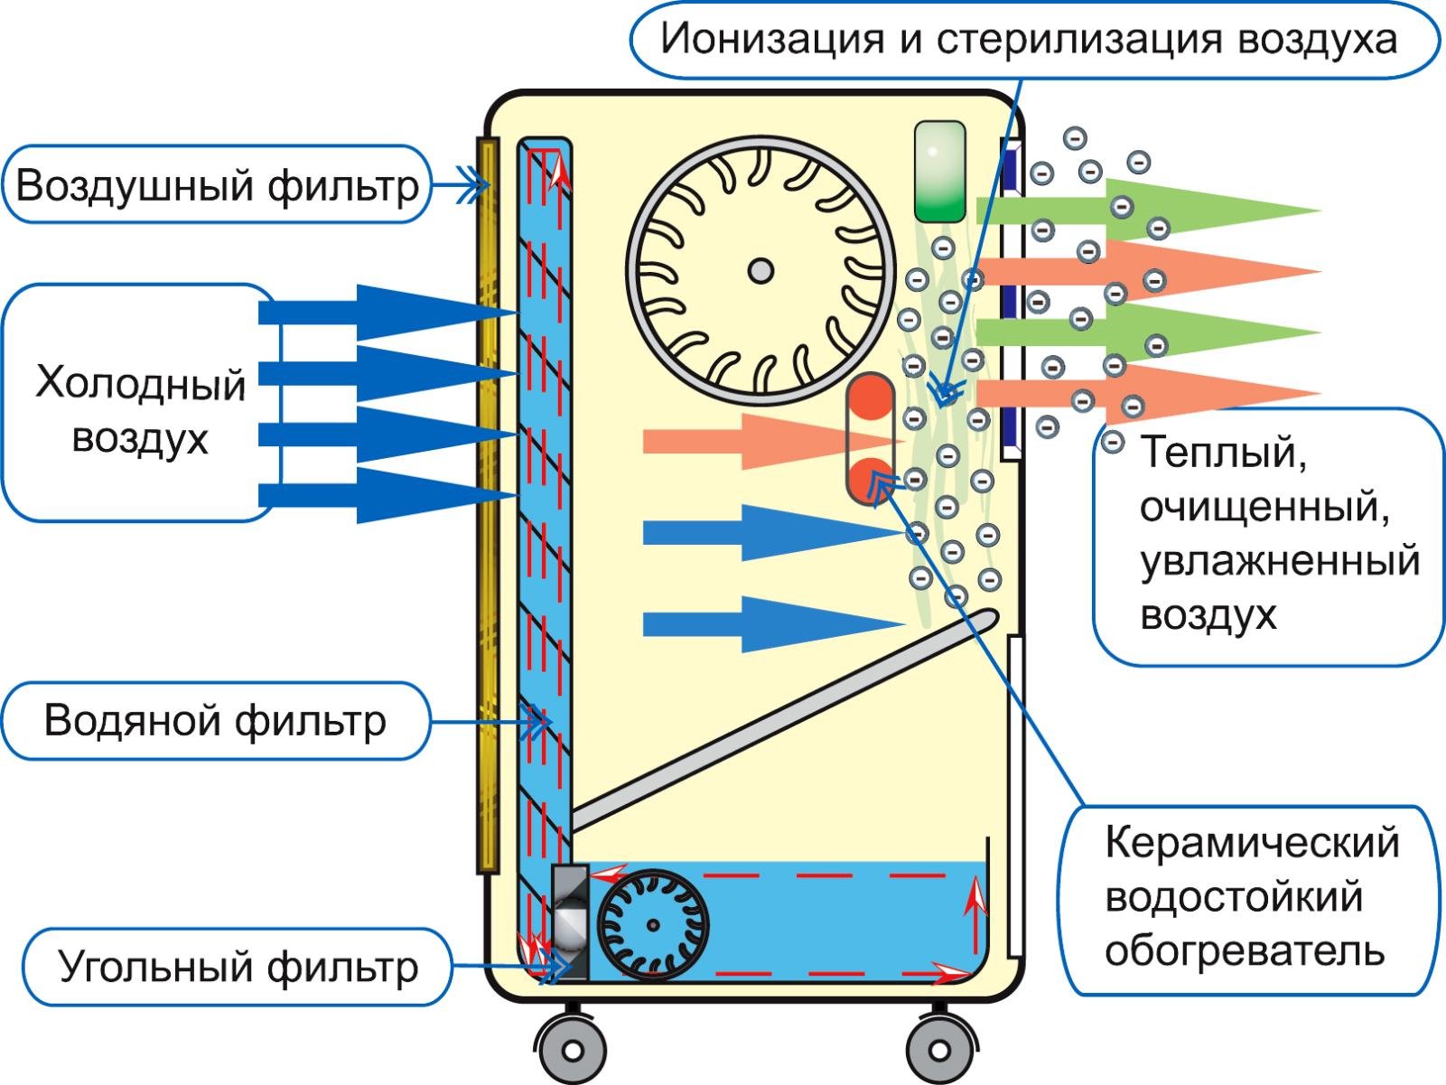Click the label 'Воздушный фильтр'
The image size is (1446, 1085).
pos(217,185)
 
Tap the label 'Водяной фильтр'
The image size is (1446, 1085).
pos(214,721)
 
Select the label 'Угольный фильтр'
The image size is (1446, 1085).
pos(238,967)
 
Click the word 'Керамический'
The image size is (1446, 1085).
pos(1252,843)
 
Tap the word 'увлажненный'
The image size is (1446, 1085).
pos(1279,561)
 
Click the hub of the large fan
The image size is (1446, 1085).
pos(760,269)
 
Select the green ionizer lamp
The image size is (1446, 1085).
pos(939,172)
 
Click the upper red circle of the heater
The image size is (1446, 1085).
pos(870,398)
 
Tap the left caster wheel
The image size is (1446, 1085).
pos(570,1050)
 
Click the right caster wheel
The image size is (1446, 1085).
pos(939,1050)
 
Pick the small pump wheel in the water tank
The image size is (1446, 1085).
pos(653,925)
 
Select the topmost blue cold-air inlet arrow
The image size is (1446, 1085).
pos(388,313)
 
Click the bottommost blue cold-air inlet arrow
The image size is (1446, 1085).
pos(388,495)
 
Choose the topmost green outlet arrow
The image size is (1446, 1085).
pos(1147,210)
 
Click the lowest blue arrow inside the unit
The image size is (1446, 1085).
pos(768,623)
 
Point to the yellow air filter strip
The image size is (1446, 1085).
pos(488,506)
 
